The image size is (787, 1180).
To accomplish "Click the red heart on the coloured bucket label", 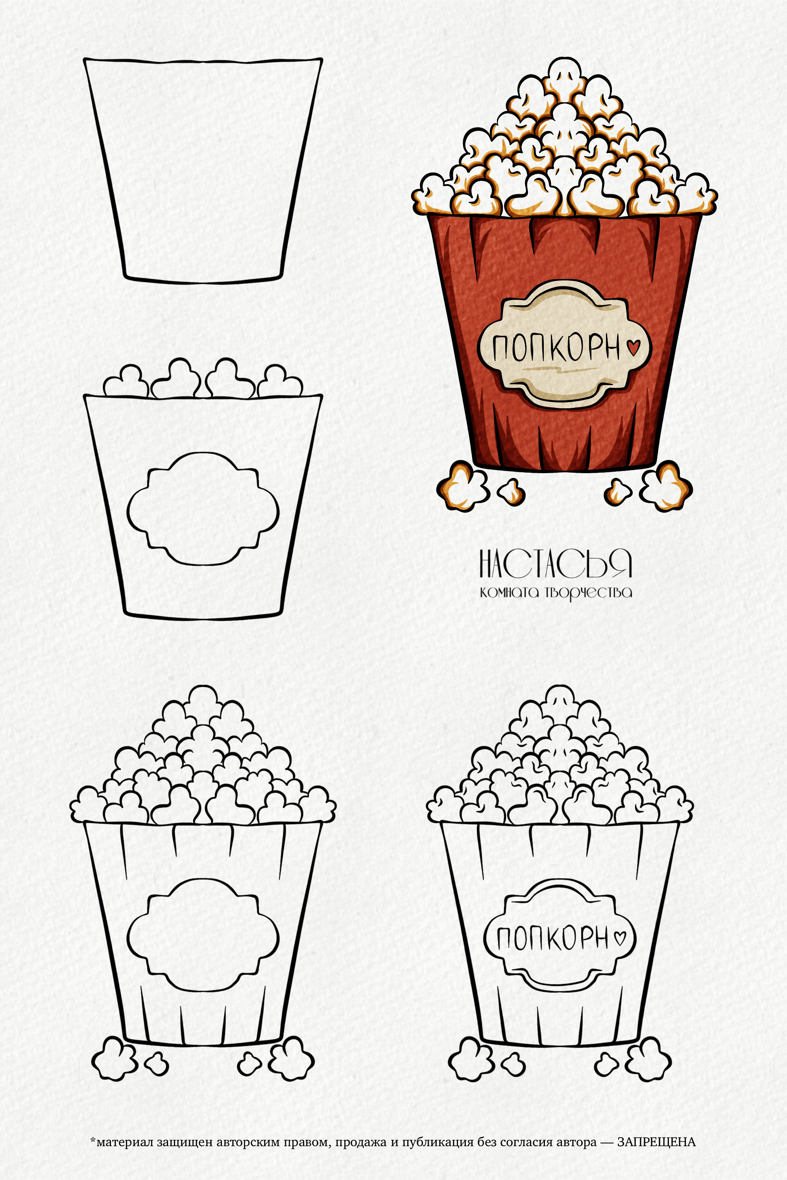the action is click(634, 348).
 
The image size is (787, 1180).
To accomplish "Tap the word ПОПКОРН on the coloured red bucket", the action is click(556, 347).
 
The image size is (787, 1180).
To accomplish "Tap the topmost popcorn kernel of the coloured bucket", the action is click(563, 74).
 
